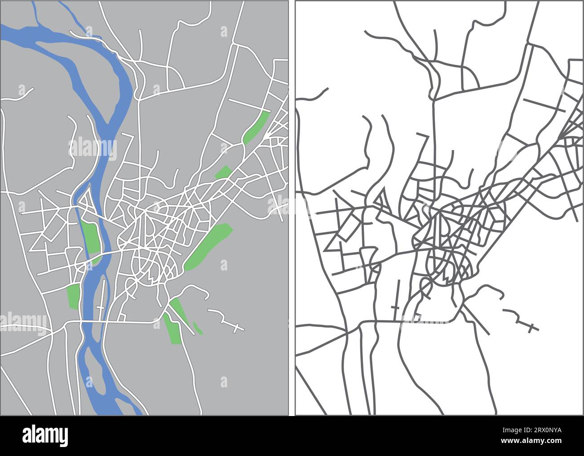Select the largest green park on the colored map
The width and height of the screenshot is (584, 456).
coord(209,247)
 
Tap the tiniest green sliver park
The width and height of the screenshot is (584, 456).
coord(198,328)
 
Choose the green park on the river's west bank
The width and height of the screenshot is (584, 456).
coord(73,296)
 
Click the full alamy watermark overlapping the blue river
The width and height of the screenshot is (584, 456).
coord(93,148)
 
